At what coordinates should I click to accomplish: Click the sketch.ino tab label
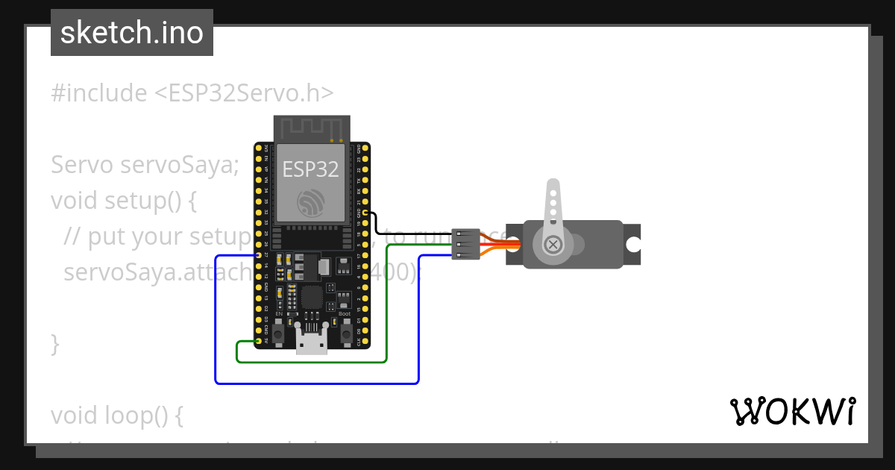[132, 33]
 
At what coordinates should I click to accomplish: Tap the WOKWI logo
[792, 411]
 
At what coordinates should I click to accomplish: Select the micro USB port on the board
[311, 342]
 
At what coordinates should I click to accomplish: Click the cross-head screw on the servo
[553, 244]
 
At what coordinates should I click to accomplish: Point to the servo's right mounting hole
[632, 244]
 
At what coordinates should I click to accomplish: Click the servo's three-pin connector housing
[465, 244]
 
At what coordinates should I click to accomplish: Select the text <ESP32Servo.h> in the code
[244, 93]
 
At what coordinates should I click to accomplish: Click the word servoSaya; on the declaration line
[179, 165]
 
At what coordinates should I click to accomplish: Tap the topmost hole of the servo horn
[553, 192]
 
